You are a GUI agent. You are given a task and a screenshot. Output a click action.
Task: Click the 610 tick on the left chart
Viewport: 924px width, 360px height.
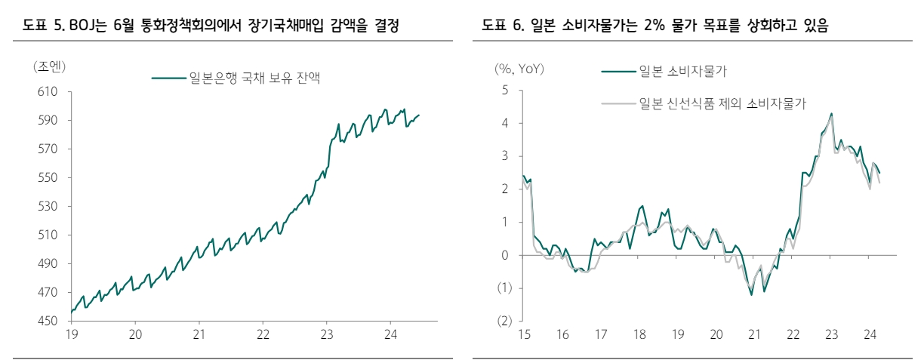pos(48,92)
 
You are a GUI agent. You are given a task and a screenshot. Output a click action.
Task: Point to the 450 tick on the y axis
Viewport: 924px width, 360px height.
pos(48,322)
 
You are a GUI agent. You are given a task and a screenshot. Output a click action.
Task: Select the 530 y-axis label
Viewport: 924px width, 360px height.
pos(48,207)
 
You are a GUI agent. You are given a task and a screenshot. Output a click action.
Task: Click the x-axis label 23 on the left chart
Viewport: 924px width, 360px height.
pos(326,335)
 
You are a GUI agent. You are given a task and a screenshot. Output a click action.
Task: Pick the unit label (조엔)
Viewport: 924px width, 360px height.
pos(50,66)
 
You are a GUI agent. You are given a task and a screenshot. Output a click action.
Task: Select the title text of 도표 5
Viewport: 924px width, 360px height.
pos(211,27)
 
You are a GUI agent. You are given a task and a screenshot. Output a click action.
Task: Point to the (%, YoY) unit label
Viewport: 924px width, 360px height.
pos(519,69)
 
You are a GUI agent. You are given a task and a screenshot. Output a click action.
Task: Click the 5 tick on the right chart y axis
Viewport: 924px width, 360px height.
pos(504,91)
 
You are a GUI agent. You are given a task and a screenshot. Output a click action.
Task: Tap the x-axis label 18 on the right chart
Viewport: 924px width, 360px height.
pos(638,335)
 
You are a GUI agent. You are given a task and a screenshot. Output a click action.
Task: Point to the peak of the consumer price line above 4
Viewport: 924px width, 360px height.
pos(831,114)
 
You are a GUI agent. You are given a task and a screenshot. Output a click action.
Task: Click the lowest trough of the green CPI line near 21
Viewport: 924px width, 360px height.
pos(752,294)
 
